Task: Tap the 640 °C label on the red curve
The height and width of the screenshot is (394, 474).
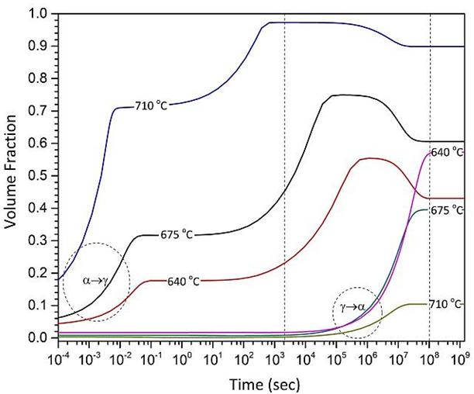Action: [x=182, y=281]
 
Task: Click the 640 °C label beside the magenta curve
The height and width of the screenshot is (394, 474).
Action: [x=448, y=152]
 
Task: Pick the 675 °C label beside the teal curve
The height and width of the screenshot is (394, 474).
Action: [x=448, y=210]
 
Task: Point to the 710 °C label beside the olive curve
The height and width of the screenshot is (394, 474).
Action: [x=448, y=304]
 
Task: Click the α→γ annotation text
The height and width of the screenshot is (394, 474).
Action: [x=96, y=279]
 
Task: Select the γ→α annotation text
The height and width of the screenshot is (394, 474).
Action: [x=355, y=308]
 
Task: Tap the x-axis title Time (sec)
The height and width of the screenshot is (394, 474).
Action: [x=259, y=383]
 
